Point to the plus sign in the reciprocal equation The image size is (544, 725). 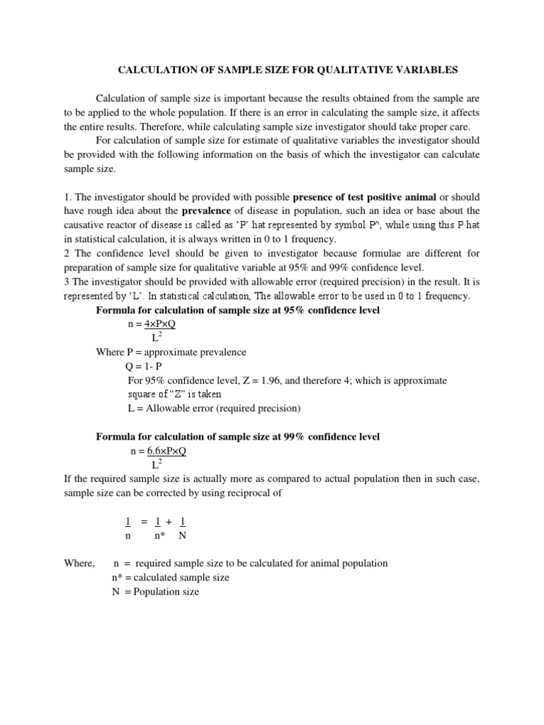[x=169, y=522]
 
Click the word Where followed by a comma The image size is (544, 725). [x=79, y=563]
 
